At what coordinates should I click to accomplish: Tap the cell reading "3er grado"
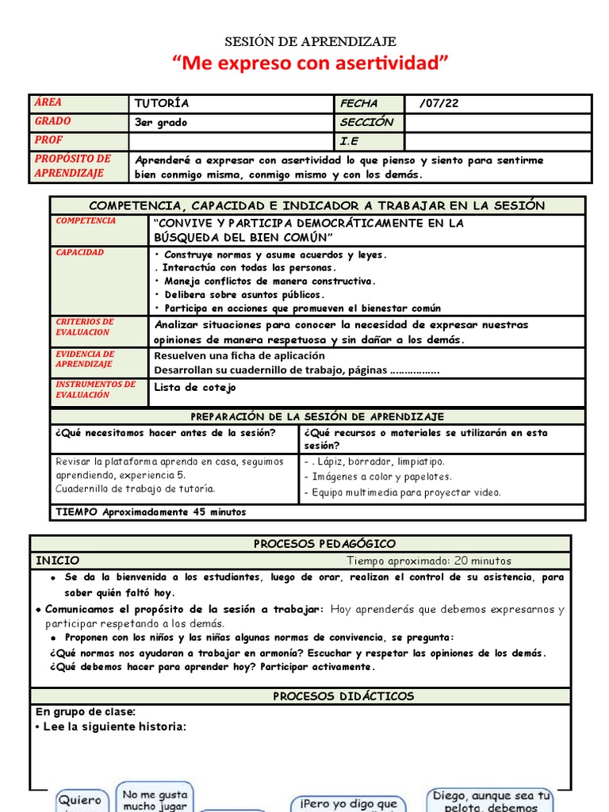161,123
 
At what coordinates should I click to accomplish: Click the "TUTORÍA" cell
163,104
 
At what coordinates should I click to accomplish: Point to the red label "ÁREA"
48,103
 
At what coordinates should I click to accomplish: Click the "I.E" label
350,142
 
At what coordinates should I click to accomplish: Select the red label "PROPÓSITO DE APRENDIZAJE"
72,167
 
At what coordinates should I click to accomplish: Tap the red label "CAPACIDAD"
79,252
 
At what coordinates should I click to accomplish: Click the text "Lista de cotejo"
195,388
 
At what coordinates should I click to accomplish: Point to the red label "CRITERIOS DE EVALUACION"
84,327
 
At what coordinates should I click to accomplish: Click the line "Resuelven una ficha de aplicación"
239,356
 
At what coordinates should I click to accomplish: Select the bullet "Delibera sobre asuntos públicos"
244,294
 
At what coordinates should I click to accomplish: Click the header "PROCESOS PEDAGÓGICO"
324,544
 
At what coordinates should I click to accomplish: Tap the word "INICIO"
58,561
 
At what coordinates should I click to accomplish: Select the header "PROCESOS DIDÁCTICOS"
343,696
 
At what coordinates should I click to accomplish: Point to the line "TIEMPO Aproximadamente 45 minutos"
151,512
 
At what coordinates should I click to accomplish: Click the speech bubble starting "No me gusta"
155,799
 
